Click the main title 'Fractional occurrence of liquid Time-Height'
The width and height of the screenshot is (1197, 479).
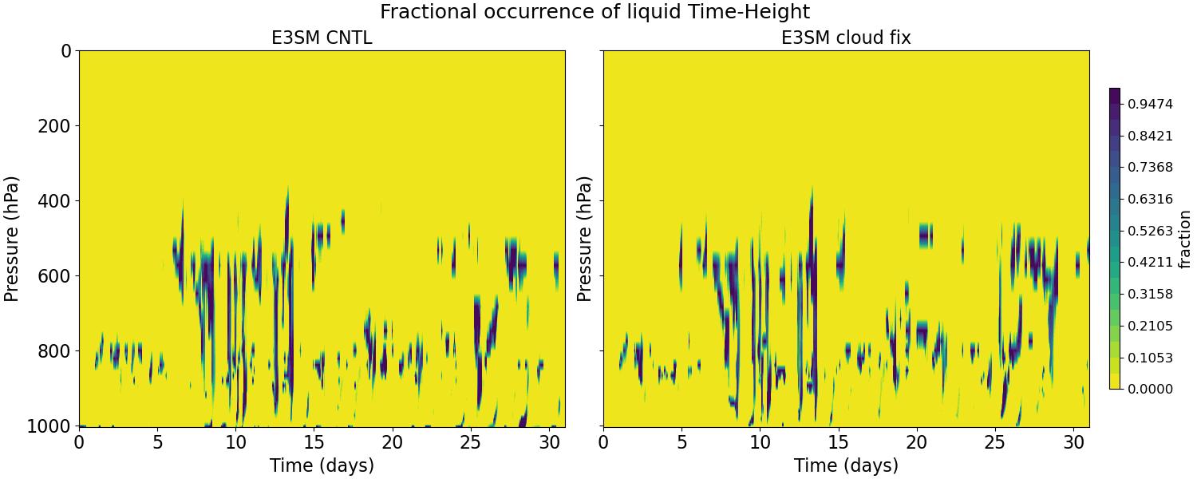(x=595, y=12)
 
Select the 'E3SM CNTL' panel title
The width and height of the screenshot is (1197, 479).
(x=322, y=38)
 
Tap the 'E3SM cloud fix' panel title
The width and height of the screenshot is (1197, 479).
(x=846, y=38)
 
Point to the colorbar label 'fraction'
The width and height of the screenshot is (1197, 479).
(x=1184, y=239)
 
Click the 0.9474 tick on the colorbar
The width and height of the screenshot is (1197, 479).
(x=1150, y=104)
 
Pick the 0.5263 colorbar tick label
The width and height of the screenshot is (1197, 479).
(x=1150, y=231)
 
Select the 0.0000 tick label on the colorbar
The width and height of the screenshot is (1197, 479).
(x=1150, y=389)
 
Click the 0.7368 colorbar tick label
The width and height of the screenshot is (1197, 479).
(x=1150, y=167)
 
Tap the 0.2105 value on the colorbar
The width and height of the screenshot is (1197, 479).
(x=1150, y=326)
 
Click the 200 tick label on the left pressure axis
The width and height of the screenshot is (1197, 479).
(x=56, y=126)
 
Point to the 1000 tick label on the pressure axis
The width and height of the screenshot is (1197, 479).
(x=51, y=426)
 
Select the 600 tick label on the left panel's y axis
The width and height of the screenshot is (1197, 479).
(x=56, y=276)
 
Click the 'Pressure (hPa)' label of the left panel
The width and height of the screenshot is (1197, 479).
(x=12, y=239)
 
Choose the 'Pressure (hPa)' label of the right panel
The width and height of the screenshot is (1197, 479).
(x=584, y=239)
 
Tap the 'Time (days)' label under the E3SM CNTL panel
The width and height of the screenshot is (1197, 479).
(x=322, y=465)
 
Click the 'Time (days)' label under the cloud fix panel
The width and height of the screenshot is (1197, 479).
(x=846, y=465)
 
